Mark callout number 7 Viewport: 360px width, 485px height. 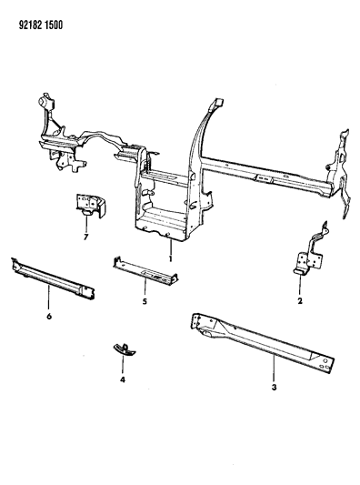85,237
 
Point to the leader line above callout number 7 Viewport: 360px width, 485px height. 85,227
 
